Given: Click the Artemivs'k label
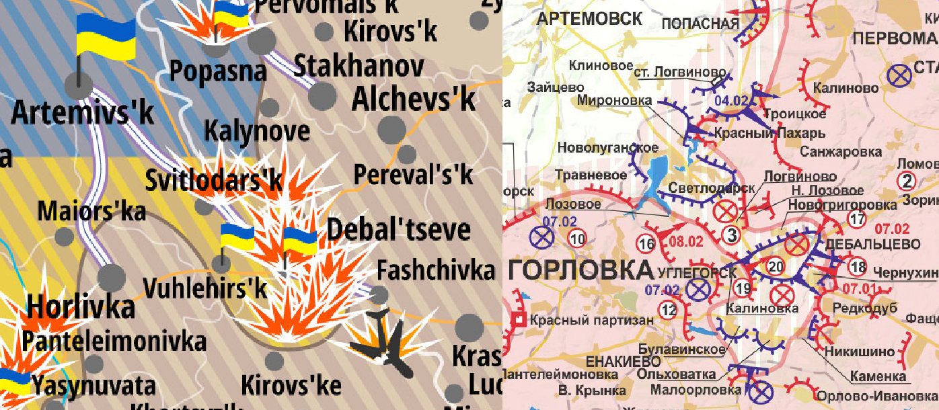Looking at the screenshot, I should (82, 112).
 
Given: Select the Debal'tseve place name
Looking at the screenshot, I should (398, 230).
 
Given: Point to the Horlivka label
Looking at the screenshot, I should (80, 307).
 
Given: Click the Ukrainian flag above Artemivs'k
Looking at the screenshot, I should (105, 37).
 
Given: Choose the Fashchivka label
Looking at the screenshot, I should (435, 271).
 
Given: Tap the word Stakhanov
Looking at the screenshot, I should (359, 67).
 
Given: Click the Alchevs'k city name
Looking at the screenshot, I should (414, 99).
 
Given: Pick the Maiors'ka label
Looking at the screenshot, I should (91, 211).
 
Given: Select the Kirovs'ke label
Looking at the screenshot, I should (291, 386).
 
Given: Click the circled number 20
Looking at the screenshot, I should (776, 267).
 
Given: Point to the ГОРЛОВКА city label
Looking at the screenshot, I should (580, 270).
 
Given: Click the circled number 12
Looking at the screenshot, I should (668, 310).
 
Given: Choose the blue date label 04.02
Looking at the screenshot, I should (731, 101).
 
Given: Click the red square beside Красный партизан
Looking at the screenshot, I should (519, 319).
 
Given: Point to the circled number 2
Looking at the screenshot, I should (907, 181).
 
